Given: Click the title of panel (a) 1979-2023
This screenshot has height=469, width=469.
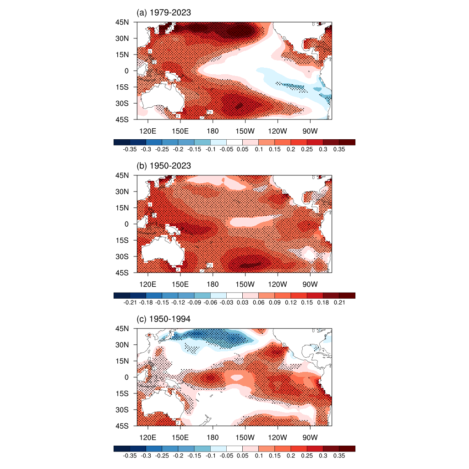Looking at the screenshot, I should click(x=164, y=13).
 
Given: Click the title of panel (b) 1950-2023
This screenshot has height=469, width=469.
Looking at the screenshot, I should click(x=164, y=166).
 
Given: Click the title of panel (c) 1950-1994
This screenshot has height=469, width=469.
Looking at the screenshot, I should click(x=164, y=319).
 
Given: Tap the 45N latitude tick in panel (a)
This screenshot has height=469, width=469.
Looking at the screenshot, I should click(x=129, y=22).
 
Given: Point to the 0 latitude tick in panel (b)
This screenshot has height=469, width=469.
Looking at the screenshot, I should click(x=131, y=224).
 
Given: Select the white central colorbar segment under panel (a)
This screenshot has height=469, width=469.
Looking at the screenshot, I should click(x=234, y=142).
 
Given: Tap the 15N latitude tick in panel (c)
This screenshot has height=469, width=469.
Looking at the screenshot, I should click(x=129, y=361).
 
